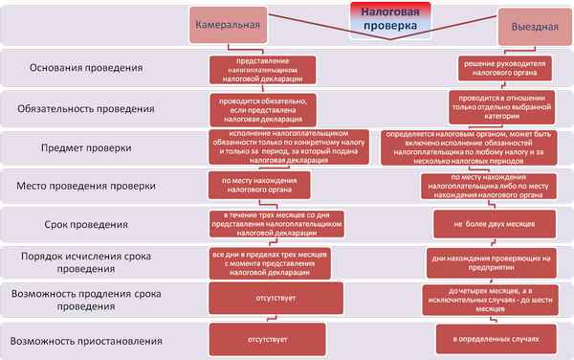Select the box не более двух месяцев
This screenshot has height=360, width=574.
[496, 224]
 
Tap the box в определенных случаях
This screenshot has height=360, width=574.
[496, 339]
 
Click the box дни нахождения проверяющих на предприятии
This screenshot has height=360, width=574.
[496, 261]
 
